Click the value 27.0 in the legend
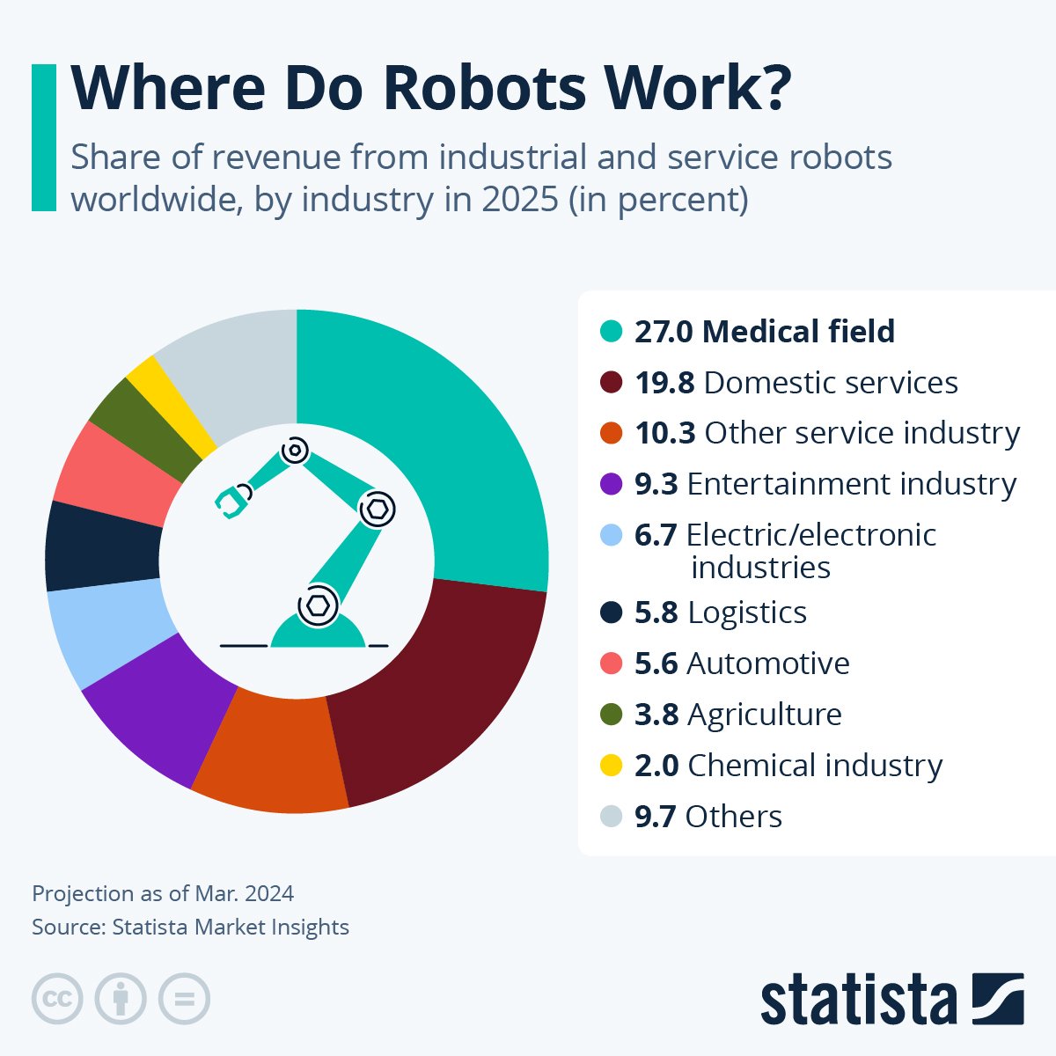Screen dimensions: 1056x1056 [x=664, y=332]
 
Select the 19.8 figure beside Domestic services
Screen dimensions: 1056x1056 [x=664, y=383]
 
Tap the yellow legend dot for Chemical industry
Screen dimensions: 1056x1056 [x=611, y=766]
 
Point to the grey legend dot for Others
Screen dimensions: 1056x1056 [x=611, y=817]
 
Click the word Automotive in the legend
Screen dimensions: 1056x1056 [x=768, y=664]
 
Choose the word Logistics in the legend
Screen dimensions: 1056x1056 [x=747, y=612]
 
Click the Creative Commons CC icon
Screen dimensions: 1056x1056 [x=57, y=999]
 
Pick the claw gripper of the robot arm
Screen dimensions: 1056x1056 [x=232, y=501]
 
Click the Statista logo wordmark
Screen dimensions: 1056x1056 [x=858, y=1000]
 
